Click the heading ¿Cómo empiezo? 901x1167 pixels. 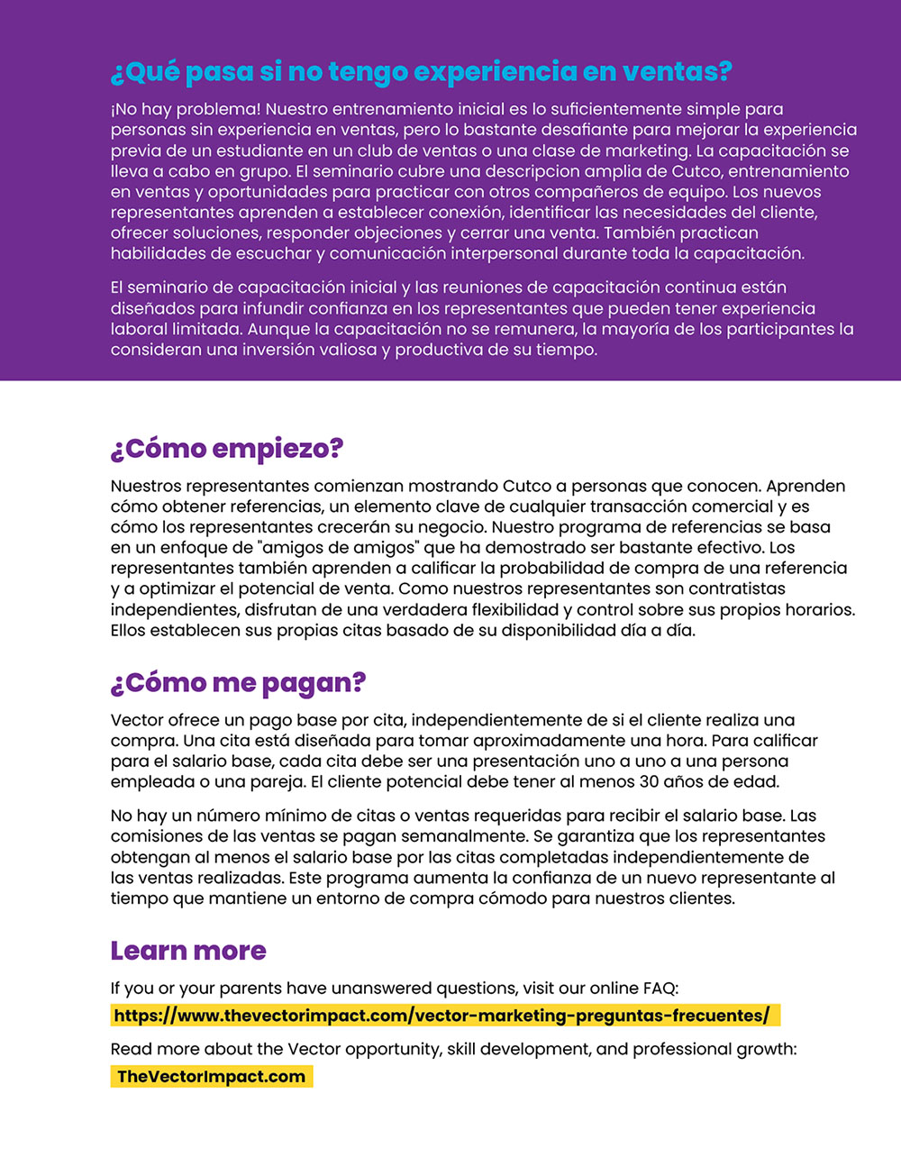pyautogui.click(x=227, y=449)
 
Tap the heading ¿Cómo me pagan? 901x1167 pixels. pyautogui.click(x=238, y=683)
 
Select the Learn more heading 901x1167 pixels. pyautogui.click(x=188, y=951)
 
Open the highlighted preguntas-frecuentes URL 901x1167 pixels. pyautogui.click(x=441, y=1016)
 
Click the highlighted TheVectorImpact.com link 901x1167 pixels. pyautogui.click(x=211, y=1076)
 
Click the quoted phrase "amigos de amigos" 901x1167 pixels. pyautogui.click(x=349, y=547)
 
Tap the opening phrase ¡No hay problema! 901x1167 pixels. pyautogui.click(x=186, y=109)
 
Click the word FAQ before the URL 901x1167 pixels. pyautogui.click(x=658, y=988)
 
